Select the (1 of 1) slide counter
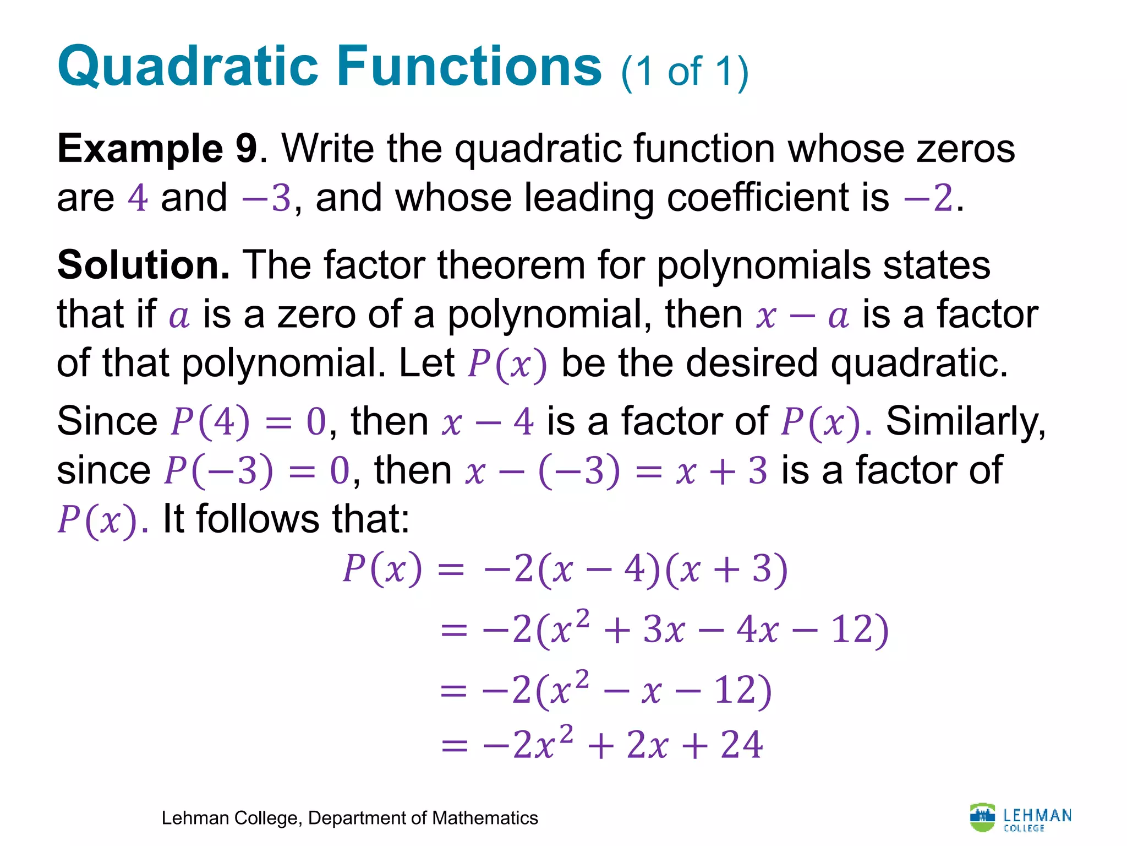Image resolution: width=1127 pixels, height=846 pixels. coord(685,72)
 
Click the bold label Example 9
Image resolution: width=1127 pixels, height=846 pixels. coord(157,149)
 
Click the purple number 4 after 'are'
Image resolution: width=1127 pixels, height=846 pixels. coord(138,198)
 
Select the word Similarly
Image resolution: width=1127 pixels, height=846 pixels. coord(966,422)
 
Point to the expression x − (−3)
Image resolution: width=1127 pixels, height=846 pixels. coord(542,471)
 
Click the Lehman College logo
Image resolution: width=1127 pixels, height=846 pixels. coord(1020,818)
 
